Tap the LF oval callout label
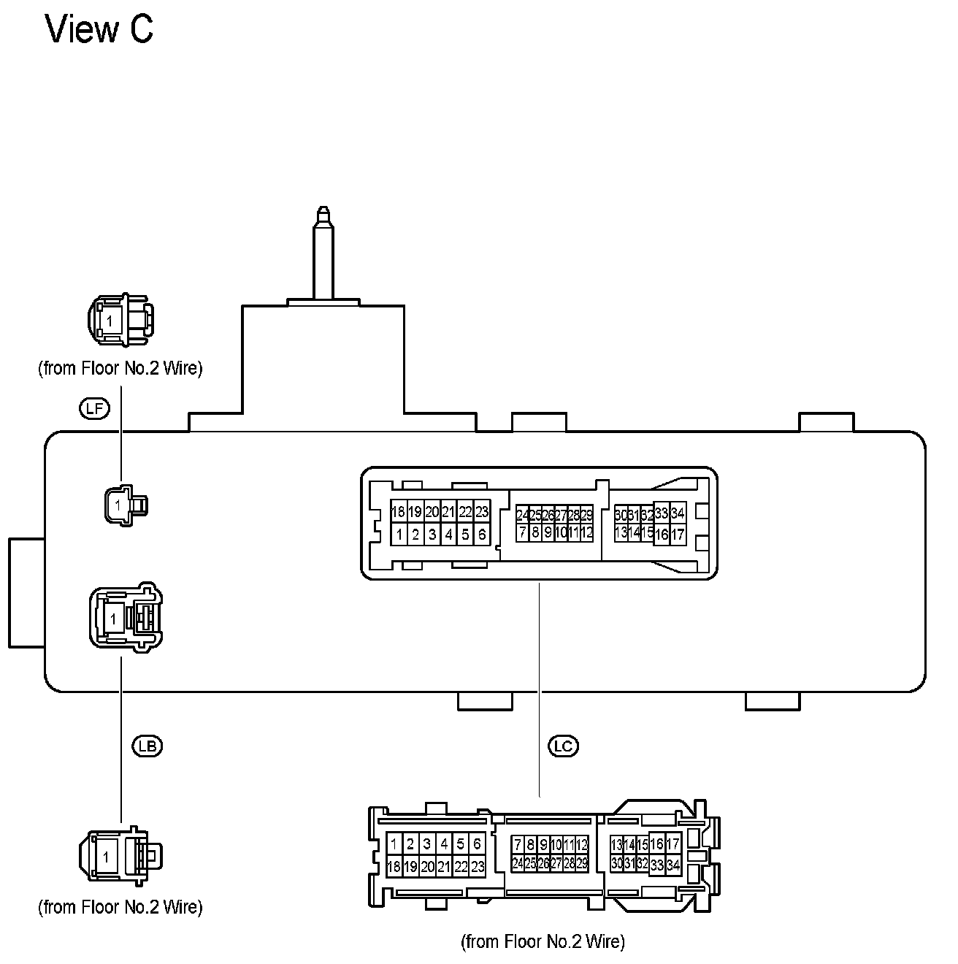[x=93, y=408]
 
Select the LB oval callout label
[x=146, y=746]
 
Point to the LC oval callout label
[x=562, y=746]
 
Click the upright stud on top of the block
[x=323, y=252]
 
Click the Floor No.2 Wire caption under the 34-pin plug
[x=543, y=941]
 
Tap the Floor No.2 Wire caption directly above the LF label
[x=120, y=368]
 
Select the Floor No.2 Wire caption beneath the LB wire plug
[x=120, y=906]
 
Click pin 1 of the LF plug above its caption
[x=109, y=321]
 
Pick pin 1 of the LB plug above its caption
[x=107, y=857]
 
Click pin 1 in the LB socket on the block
[x=112, y=619]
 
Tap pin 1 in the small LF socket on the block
[x=118, y=504]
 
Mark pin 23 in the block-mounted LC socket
[x=481, y=512]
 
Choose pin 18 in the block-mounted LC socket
[x=398, y=512]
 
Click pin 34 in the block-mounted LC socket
[x=678, y=513]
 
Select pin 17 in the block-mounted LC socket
[x=678, y=535]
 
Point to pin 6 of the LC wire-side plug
[x=477, y=844]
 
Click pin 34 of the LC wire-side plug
[x=673, y=865]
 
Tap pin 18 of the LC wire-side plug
[x=394, y=867]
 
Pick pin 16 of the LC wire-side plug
[x=657, y=844]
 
